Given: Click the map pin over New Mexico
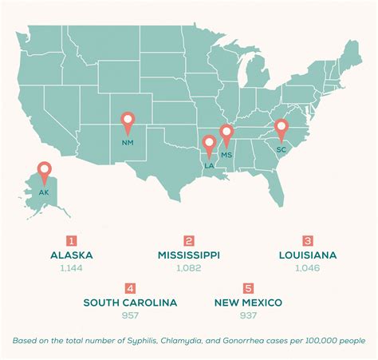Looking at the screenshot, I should tap(128, 122).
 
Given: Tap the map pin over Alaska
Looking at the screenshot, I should tap(44, 170).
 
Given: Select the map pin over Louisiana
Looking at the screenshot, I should tap(210, 145).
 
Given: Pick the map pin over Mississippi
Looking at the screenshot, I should tap(227, 135).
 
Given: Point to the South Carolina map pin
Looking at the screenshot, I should tap(281, 129).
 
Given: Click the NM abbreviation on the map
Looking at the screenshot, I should tap(128, 143).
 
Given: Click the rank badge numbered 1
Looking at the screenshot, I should tap(72, 241).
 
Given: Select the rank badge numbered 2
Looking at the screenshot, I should tap(189, 241).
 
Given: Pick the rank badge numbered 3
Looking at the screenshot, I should tap(307, 241).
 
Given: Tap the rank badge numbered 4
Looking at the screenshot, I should tap(130, 288).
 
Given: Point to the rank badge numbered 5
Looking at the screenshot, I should tap(248, 288).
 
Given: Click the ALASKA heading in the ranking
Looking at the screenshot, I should tap(72, 256).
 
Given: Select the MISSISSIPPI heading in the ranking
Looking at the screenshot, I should tap(190, 256).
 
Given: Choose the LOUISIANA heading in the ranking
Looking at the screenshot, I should tap(307, 256).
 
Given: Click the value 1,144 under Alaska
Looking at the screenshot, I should tap(72, 270).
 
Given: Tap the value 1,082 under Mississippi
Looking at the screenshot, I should tap(190, 270).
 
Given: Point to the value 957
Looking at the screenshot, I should tap(130, 316).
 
